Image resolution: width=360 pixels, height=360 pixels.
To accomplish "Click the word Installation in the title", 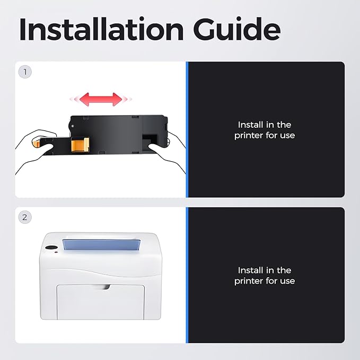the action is tap(101, 29).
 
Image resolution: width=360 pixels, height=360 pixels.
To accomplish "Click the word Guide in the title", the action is tap(236, 29).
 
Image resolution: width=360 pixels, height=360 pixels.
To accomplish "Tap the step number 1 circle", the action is tap(25, 72).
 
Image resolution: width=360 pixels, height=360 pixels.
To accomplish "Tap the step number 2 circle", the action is tap(25, 217).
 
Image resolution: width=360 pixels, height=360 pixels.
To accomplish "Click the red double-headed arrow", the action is tap(101, 99).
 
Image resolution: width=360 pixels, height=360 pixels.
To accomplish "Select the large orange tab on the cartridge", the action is tap(80, 145).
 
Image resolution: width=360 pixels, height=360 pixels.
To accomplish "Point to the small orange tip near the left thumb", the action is tap(36, 143).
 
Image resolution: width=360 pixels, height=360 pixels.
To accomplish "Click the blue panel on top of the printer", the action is tap(101, 245).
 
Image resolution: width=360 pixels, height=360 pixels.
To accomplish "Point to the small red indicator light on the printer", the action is tap(56, 252).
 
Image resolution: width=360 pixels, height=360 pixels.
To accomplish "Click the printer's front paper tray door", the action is tap(101, 302).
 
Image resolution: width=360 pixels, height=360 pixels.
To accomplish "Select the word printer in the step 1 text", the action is tap(249, 135).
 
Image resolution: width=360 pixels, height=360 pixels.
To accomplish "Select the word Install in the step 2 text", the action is tap(250, 270).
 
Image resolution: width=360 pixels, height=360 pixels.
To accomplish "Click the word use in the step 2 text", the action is tap(287, 281).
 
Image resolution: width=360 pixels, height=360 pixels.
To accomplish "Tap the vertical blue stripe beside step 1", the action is tap(187, 129).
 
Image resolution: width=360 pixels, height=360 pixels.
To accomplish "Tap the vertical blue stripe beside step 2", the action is tap(187, 275).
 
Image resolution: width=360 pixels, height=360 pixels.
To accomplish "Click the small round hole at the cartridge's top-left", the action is tap(73, 126).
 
